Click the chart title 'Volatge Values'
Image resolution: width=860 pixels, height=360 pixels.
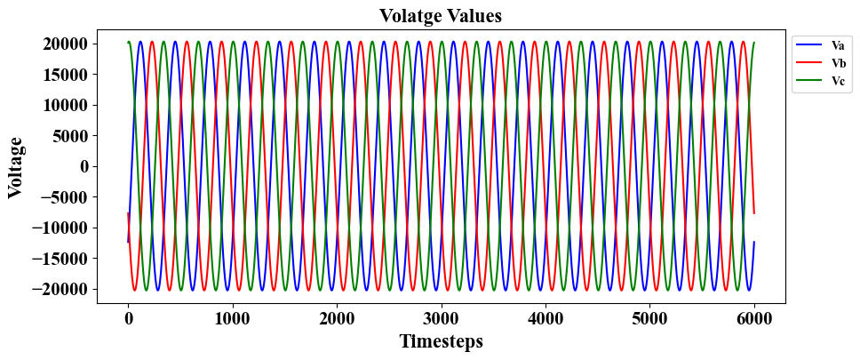[x=440, y=15]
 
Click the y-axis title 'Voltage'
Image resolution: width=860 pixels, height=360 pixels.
[x=15, y=166]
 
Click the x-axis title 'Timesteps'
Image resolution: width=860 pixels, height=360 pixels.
[x=441, y=340]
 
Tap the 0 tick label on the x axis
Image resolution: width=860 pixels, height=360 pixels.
[x=128, y=317]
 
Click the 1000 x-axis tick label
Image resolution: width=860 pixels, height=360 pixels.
[x=232, y=317]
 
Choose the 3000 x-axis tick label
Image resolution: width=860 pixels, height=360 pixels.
[x=441, y=317]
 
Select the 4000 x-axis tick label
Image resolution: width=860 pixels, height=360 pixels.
[x=545, y=317]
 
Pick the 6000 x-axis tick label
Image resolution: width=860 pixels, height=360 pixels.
[x=753, y=317]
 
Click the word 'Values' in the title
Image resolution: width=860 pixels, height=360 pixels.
[x=474, y=15]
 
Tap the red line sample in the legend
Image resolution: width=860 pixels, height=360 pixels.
[x=808, y=62]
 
